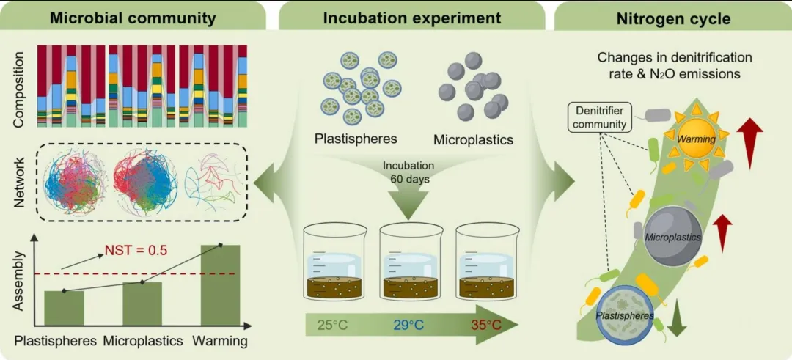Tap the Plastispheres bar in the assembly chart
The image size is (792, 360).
pyautogui.click(x=64, y=307)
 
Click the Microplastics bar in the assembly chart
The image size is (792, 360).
pyautogui.click(x=142, y=303)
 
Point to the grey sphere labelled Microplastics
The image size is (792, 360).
pyautogui.click(x=673, y=236)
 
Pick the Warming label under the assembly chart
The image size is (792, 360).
pyautogui.click(x=219, y=342)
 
